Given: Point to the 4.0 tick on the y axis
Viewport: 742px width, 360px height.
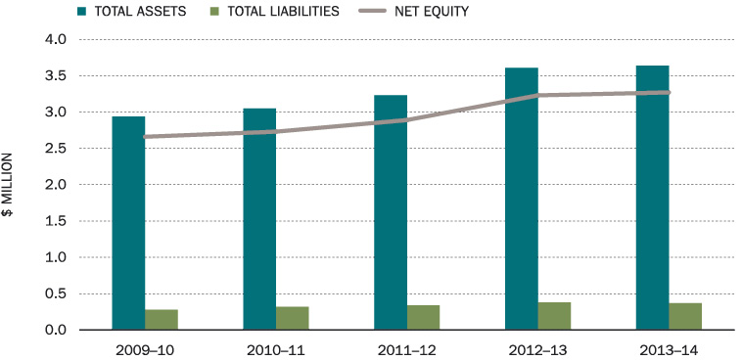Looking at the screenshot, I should tap(53, 40).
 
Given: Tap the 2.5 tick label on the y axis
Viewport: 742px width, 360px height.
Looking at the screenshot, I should tap(53, 149).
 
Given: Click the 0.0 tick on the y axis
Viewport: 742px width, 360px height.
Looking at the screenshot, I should tap(53, 330).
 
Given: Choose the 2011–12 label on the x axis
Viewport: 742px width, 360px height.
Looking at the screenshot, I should tap(406, 348).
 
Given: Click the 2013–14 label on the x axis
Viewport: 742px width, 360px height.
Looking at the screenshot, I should tap(669, 348).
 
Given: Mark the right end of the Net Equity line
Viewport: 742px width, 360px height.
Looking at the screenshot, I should tap(668, 93).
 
